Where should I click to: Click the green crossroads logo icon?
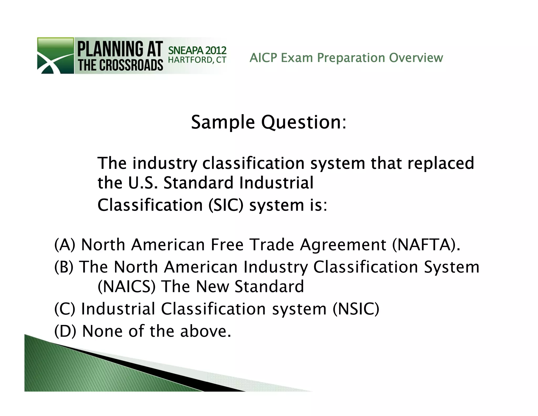point(55,55)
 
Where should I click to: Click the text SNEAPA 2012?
point(197,50)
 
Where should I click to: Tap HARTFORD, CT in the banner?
point(197,60)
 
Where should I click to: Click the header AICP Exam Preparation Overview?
point(346,58)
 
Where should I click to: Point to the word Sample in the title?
point(223,123)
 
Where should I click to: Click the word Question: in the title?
point(304,123)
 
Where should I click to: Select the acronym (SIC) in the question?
point(226,205)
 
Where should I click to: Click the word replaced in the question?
point(441,163)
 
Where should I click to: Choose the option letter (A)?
point(65,245)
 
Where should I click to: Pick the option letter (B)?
point(64,267)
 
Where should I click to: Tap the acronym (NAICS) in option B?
point(126,286)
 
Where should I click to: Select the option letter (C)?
point(65,309)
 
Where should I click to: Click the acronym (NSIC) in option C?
point(356,309)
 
